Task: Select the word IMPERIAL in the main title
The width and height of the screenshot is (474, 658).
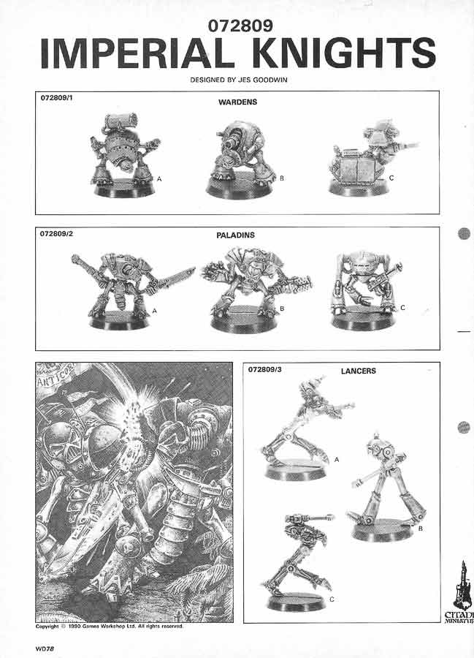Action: [x=137, y=53]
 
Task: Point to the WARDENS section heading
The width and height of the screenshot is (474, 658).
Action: [x=237, y=102]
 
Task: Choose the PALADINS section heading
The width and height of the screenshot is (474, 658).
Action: [x=235, y=235]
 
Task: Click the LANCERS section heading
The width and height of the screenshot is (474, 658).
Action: [x=359, y=371]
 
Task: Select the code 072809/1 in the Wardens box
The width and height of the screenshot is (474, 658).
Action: [x=56, y=98]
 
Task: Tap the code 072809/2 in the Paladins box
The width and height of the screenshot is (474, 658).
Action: [x=56, y=233]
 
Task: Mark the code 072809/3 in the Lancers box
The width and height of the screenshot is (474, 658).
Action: [x=265, y=369]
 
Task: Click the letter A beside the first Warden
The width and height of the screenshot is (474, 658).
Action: [x=159, y=179]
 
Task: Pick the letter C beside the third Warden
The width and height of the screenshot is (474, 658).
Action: [x=391, y=178]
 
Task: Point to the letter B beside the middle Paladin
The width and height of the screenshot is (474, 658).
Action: [x=282, y=309]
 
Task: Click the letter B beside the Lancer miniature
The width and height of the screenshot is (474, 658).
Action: [x=420, y=529]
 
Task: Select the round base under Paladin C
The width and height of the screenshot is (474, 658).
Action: [x=363, y=319]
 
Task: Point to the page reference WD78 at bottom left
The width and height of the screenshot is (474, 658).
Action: [x=45, y=648]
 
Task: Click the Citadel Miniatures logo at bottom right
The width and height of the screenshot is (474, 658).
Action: [x=461, y=591]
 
